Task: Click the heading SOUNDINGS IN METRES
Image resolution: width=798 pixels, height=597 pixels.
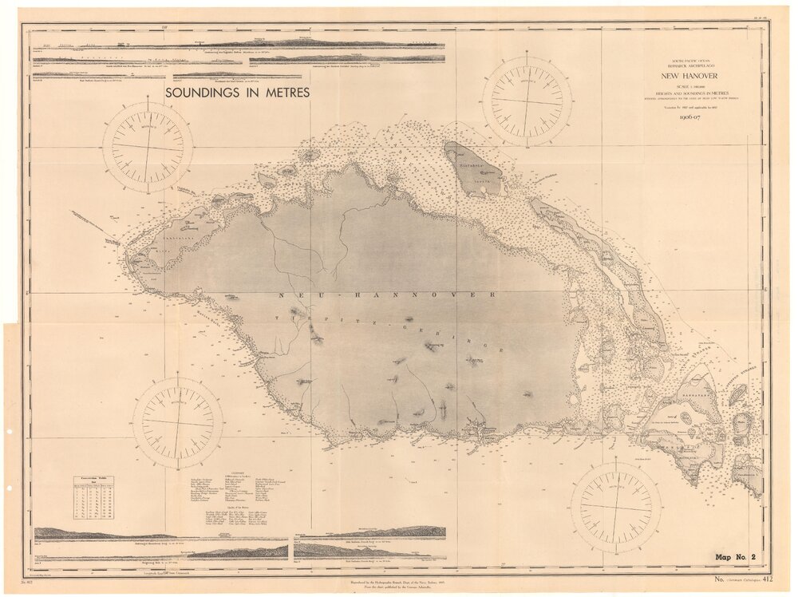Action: coord(238,93)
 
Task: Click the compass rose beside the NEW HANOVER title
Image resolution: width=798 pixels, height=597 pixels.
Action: coord(527,101)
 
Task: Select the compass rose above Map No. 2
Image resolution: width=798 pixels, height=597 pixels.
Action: coord(615,508)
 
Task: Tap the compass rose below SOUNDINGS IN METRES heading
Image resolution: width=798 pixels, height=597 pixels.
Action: coord(148,147)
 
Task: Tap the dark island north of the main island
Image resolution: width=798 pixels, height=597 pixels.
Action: coord(472,168)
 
